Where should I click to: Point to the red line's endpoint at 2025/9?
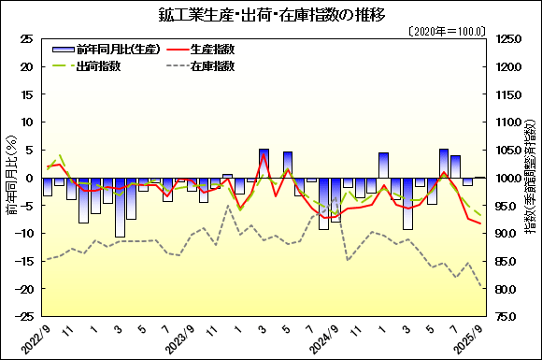[480, 223]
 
